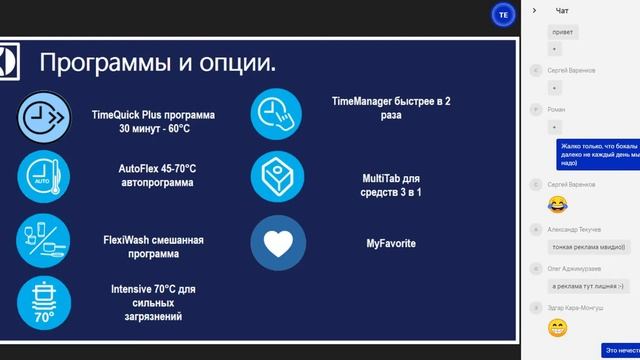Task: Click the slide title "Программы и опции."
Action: tap(158, 64)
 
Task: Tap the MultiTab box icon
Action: tap(277, 178)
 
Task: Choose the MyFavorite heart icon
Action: tap(277, 242)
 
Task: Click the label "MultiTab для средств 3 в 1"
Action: tap(391, 185)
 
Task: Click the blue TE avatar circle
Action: tap(504, 14)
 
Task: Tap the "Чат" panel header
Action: tap(562, 10)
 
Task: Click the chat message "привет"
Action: tap(562, 32)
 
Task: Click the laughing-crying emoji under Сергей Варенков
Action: tap(557, 204)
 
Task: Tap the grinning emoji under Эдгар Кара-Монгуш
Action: tap(557, 327)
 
